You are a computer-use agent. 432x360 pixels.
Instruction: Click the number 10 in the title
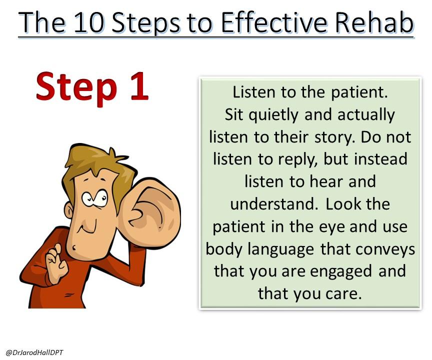tap(89, 22)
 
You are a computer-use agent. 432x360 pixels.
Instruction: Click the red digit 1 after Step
tap(139, 86)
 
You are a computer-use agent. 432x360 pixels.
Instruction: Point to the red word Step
tap(76, 88)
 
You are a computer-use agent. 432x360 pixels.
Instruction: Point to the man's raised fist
tap(56, 263)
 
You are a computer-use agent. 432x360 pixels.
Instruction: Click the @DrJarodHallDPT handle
tap(34, 352)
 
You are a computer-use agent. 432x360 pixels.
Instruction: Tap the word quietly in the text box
tap(273, 115)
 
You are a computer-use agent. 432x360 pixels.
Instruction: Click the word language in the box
tap(280, 250)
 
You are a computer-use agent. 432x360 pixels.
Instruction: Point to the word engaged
tap(341, 272)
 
